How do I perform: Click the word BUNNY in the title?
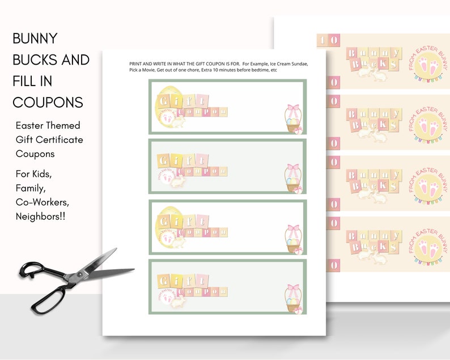(x=35, y=39)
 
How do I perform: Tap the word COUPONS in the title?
(x=48, y=102)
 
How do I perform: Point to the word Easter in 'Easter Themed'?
(x=32, y=125)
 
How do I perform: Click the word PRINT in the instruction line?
(x=138, y=64)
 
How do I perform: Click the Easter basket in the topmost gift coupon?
(x=293, y=120)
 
